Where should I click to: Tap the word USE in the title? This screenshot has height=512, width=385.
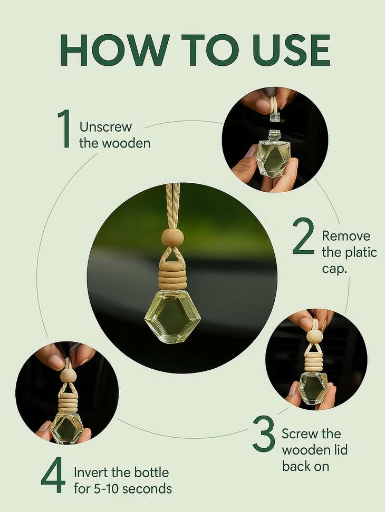pos(285,51)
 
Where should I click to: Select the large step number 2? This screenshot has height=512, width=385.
pos(303,238)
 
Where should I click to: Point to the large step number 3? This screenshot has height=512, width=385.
pos(264,434)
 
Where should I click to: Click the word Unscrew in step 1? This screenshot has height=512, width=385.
pos(105,127)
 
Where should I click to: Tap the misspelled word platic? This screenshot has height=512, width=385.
pos(358,252)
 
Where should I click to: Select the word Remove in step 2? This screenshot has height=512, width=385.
pos(346,236)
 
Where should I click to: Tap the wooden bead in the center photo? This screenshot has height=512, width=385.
pos(172,238)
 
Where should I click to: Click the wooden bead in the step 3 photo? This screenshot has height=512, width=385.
pos(314,336)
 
